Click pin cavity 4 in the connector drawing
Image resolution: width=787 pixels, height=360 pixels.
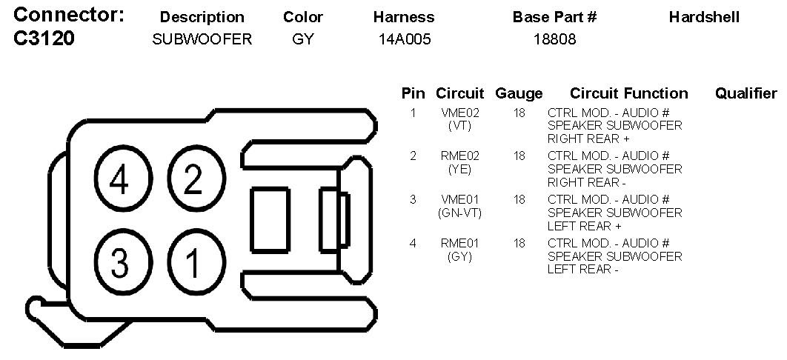click(121, 180)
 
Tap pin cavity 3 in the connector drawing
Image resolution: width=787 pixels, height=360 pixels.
click(121, 261)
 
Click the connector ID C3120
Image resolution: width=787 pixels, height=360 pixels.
click(44, 39)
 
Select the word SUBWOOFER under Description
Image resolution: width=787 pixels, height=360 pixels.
click(202, 40)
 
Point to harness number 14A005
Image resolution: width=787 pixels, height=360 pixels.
click(403, 40)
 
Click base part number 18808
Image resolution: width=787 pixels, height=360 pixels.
click(554, 40)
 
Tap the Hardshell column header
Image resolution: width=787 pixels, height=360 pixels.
click(704, 17)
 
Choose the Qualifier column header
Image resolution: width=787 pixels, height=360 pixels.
click(746, 93)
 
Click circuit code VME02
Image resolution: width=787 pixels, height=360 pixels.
click(460, 113)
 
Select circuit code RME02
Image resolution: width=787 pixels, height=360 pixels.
click(460, 156)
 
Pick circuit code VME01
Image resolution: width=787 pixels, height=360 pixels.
click(460, 199)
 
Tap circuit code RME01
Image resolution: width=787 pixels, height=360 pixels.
click(460, 243)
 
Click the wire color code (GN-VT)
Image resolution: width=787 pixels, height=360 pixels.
click(460, 213)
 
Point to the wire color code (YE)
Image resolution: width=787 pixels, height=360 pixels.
click(460, 170)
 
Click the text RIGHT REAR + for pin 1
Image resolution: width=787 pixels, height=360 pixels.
click(588, 139)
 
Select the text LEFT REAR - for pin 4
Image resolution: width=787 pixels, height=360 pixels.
click(582, 270)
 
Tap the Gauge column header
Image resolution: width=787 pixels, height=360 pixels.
click(519, 93)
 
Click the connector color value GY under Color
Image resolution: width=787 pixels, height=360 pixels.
click(303, 40)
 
